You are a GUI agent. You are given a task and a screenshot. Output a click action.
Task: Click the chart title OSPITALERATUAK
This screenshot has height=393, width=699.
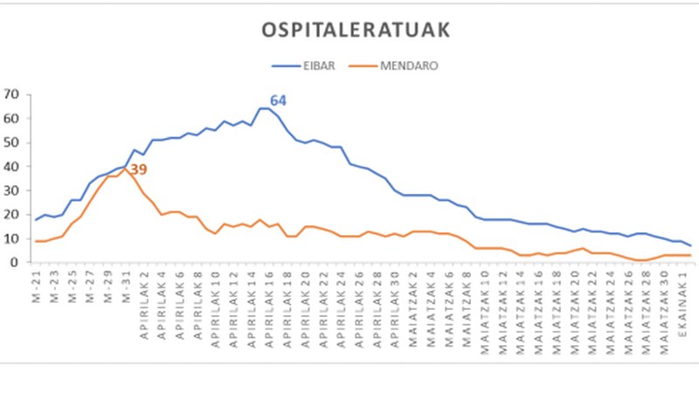tap(356, 31)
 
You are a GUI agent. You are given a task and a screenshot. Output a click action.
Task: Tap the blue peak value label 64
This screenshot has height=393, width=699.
tap(278, 100)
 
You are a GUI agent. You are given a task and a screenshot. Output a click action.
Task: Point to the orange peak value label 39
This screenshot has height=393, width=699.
tap(139, 169)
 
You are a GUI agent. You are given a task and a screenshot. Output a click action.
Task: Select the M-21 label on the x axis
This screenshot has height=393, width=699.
tap(37, 283)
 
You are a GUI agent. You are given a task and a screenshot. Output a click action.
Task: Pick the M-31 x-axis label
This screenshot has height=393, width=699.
tap(126, 283)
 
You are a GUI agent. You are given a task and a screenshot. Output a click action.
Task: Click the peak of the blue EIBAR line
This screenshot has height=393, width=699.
tap(264, 108)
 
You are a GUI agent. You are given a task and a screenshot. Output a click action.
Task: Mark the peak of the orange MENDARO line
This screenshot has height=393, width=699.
tap(126, 167)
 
